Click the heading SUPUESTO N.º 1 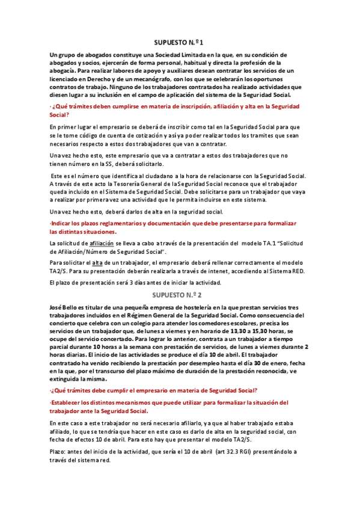180,43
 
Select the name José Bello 65,307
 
